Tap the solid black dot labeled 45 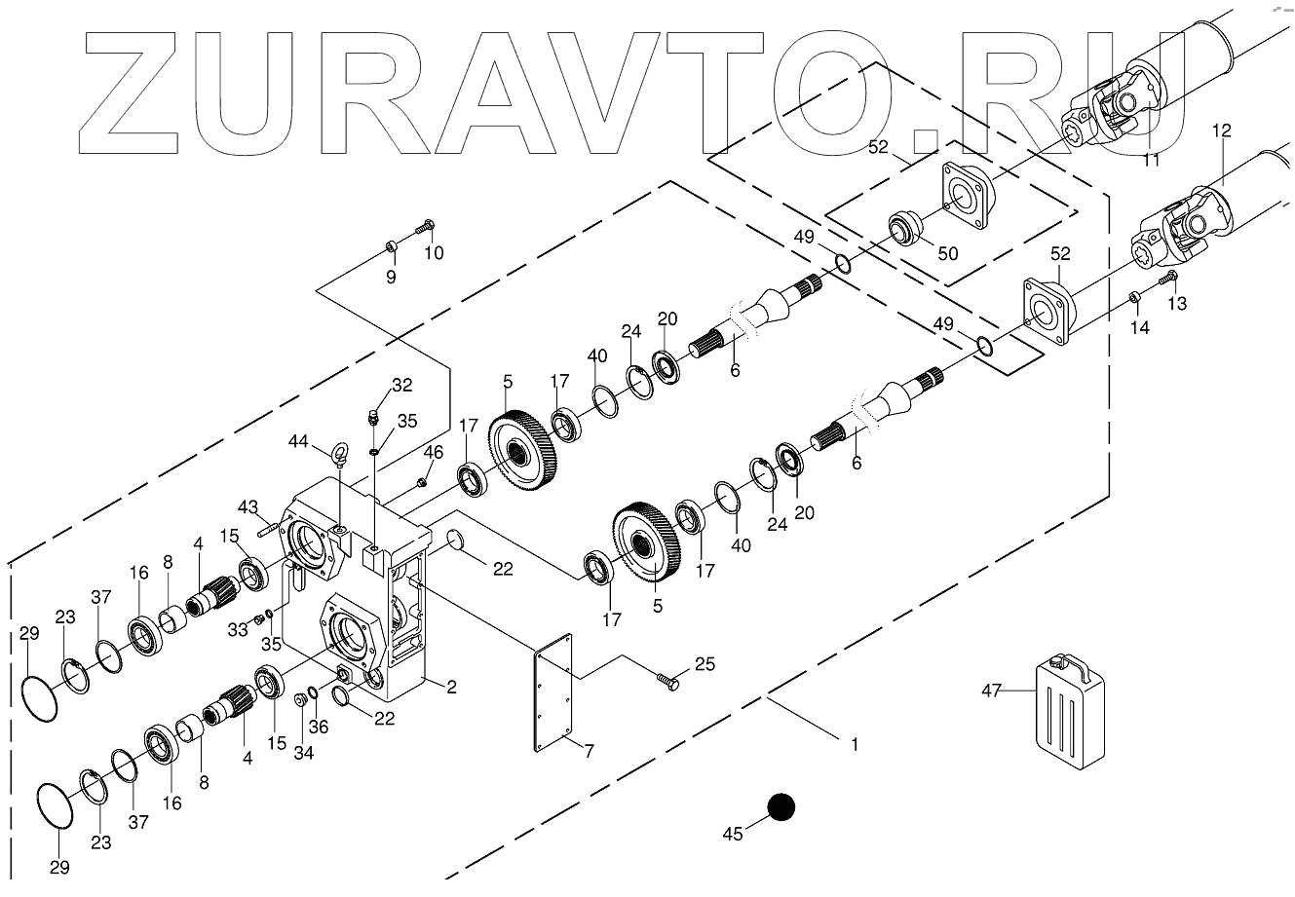[781, 806]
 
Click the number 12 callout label [1221, 130]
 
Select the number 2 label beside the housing [451, 688]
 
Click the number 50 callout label [947, 254]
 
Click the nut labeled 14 [1134, 296]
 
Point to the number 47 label [992, 691]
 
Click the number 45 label [733, 833]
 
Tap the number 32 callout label [401, 385]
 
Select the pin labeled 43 [270, 529]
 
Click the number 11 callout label [1152, 161]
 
